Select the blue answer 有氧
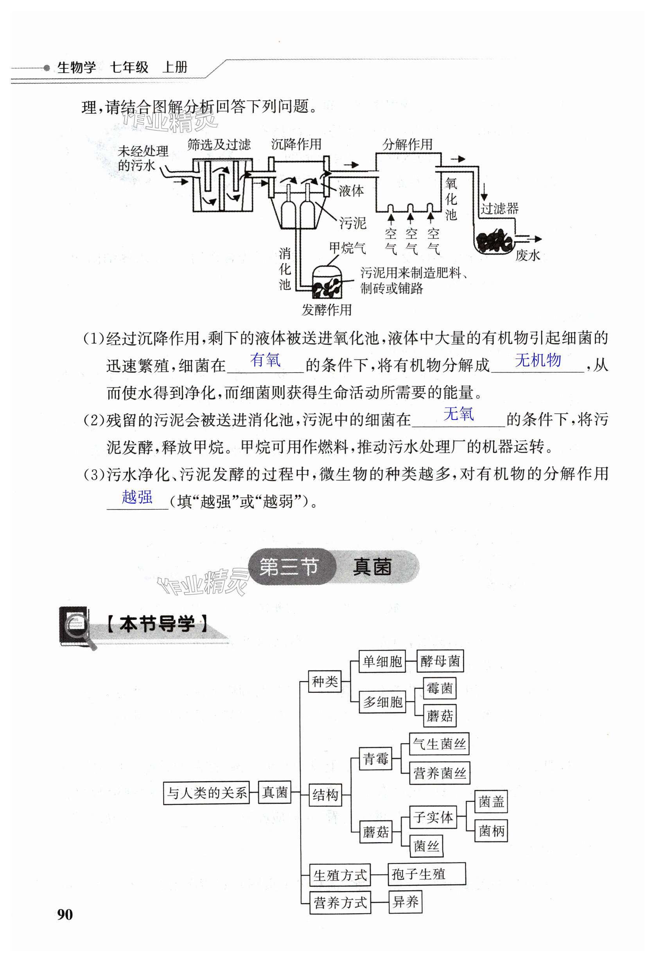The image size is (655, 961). click(x=265, y=360)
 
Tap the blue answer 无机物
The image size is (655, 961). click(x=538, y=360)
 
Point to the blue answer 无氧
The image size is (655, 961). click(x=458, y=414)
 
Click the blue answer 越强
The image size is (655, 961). click(x=137, y=497)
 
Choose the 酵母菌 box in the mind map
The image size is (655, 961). click(x=440, y=661)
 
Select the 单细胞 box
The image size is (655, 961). click(x=382, y=661)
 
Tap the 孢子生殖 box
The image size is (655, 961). click(x=426, y=874)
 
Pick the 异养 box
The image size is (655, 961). click(x=405, y=902)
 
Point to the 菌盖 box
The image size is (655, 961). click(x=491, y=802)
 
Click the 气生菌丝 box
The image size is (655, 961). click(x=439, y=744)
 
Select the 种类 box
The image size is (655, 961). click(x=325, y=681)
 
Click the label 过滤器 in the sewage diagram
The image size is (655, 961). click(x=499, y=208)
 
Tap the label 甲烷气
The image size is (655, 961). click(x=347, y=248)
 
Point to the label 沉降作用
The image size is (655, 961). click(x=296, y=144)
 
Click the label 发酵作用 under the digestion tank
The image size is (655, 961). click(x=326, y=310)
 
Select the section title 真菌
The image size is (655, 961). click(x=372, y=567)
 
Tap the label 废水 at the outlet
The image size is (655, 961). click(x=528, y=256)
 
